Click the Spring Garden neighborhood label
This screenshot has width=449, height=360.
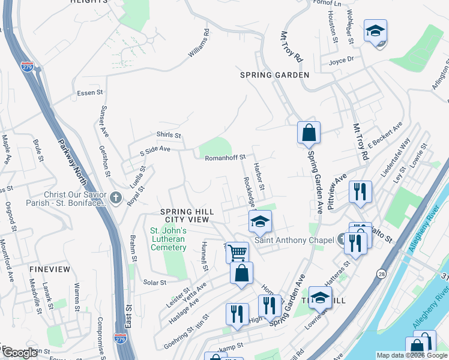(274, 75)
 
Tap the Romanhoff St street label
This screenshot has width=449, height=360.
(226, 157)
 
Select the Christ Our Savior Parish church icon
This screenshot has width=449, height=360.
(116, 197)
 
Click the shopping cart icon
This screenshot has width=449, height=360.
(238, 253)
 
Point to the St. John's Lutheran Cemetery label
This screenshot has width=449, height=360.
(169, 239)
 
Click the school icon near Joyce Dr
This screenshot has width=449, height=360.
(375, 31)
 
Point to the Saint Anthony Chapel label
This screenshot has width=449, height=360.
(294, 240)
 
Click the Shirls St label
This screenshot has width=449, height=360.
(169, 136)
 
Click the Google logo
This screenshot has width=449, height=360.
(20, 353)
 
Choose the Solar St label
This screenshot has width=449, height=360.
(154, 282)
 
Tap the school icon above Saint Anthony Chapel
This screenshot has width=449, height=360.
(261, 223)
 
